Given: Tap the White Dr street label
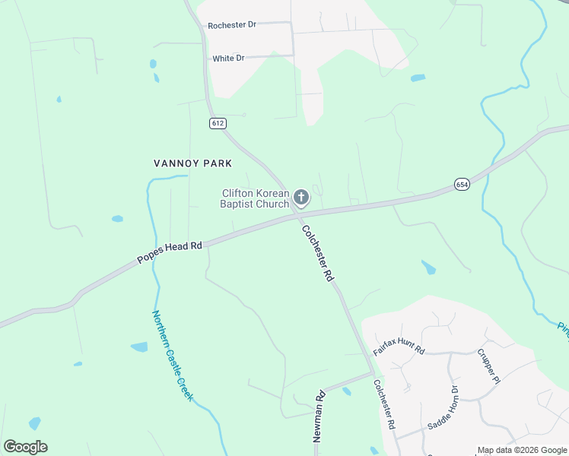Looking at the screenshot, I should click(228, 59).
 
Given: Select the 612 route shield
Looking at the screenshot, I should click(218, 123).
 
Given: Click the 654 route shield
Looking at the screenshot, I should click(463, 185).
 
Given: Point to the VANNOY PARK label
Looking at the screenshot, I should click(192, 163).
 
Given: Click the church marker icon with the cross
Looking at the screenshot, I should click(301, 198).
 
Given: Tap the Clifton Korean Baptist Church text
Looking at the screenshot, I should click(256, 198).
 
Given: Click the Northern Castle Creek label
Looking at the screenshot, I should click(173, 356).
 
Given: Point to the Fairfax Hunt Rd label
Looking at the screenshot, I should click(399, 349).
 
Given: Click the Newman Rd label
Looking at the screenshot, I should click(319, 416).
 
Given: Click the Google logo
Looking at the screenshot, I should click(25, 447).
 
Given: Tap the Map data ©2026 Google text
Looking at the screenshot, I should click(522, 450).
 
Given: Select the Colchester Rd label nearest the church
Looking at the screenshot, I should click(317, 254).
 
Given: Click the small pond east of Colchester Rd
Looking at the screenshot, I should click(429, 268).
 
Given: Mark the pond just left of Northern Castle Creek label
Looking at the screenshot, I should click(139, 347).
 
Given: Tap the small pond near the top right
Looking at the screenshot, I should click(418, 78).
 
